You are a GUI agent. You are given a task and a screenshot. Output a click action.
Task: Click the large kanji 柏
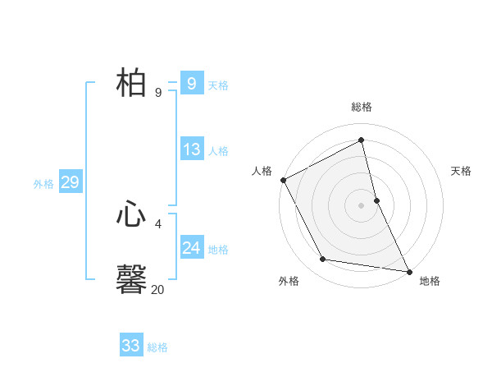[x=132, y=83]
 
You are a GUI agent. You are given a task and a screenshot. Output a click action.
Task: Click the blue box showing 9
[x=191, y=83]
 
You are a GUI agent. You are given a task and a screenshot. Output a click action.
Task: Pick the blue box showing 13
[x=191, y=149]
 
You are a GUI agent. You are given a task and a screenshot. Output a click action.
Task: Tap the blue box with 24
[x=191, y=248]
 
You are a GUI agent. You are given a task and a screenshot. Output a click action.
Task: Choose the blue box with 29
[x=70, y=182]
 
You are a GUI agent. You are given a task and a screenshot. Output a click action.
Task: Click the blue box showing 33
[x=131, y=346]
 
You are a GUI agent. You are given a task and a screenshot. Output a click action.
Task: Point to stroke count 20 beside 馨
[x=157, y=289]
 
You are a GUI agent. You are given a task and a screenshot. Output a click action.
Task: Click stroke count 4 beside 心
[x=158, y=223]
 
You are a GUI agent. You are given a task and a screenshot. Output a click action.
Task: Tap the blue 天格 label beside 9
[x=218, y=85]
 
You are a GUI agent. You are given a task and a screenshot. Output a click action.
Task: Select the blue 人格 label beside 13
[x=218, y=151]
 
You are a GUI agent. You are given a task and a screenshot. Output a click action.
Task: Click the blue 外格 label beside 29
[x=43, y=184]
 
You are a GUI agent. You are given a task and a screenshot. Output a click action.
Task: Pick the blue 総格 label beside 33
[x=157, y=347]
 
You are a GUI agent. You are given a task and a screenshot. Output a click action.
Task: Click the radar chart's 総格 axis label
[x=362, y=107]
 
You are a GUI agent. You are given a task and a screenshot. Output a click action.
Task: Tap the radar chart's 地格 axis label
[x=430, y=281]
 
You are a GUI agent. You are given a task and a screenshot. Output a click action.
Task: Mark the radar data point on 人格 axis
[x=283, y=180]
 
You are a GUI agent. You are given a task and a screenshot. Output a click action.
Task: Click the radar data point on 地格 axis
[x=408, y=270]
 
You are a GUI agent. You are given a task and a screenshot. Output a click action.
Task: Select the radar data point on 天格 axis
[x=376, y=200]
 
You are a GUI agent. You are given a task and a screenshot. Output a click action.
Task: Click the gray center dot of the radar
[x=362, y=205]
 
